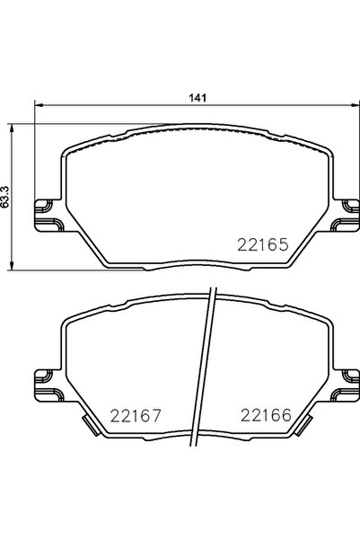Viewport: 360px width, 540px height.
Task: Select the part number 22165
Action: [261, 243]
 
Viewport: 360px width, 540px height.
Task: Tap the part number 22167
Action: [135, 415]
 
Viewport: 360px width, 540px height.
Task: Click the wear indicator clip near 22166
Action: [302, 424]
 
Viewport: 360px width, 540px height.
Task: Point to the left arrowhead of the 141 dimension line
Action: [39, 106]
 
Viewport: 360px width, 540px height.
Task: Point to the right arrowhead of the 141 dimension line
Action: [347, 106]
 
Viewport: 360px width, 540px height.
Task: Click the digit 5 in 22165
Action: [281, 243]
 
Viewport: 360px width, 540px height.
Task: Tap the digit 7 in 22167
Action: [154, 415]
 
